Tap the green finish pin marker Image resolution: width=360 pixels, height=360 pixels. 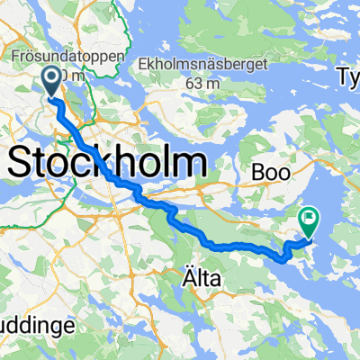coord(309,220)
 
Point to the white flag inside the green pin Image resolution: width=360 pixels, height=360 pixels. coord(309,217)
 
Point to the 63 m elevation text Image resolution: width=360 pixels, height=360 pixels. coord(206,82)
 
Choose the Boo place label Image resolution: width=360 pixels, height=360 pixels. coord(270,167)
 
